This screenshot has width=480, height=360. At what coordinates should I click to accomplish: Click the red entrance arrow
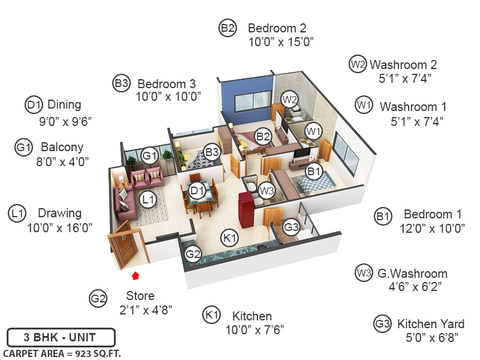coord(136,275)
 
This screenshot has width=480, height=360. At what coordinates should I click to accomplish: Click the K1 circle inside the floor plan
coord(230,238)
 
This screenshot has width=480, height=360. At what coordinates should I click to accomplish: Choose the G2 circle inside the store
coord(193,254)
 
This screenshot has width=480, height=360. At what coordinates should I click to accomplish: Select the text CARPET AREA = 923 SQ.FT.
coord(62,353)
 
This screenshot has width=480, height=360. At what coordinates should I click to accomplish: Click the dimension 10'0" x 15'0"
coord(281,42)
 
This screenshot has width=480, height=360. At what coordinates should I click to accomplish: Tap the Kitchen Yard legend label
coord(431,325)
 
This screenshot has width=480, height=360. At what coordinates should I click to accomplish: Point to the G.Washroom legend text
coord(412,274)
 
